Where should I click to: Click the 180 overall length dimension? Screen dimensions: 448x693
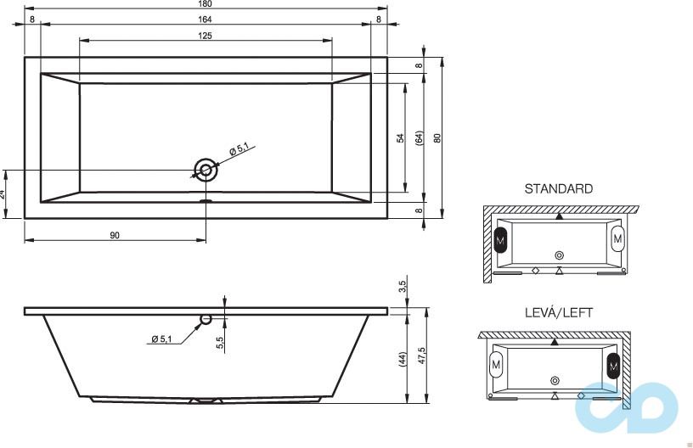(x=206, y=5)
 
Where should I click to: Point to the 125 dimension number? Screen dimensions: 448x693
(x=206, y=35)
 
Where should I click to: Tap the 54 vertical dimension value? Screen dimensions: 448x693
(x=400, y=138)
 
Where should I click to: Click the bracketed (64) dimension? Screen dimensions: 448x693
(x=419, y=138)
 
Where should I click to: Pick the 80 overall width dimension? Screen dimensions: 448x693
(x=437, y=138)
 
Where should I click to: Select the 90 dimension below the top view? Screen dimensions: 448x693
(x=115, y=235)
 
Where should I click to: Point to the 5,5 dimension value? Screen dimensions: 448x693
(x=220, y=342)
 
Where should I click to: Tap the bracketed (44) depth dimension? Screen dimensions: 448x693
(x=402, y=359)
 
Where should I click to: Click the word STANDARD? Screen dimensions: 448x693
(x=558, y=189)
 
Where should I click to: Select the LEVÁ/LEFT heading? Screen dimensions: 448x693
(x=558, y=313)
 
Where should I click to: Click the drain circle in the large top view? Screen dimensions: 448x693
(x=205, y=169)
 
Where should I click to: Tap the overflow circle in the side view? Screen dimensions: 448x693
(x=205, y=320)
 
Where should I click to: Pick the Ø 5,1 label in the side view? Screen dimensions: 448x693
(x=161, y=339)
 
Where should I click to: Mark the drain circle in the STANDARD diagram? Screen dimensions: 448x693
(x=559, y=255)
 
